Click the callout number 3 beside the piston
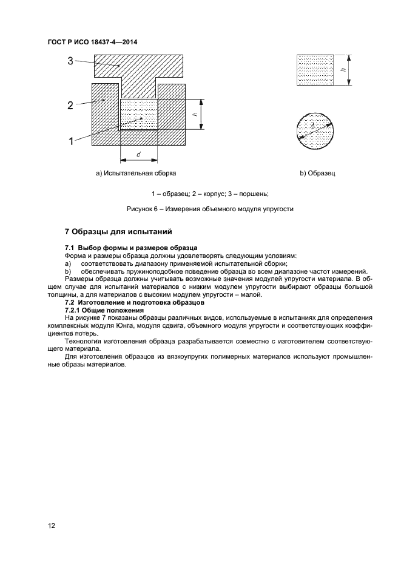click(70, 61)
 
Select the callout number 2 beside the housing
click(70, 105)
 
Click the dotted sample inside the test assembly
click(139, 114)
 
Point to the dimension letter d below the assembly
click(139, 155)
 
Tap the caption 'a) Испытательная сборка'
click(135, 174)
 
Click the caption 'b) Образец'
click(317, 174)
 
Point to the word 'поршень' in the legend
click(253, 194)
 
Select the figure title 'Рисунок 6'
click(143, 209)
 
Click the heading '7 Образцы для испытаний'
click(119, 232)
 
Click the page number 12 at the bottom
click(52, 526)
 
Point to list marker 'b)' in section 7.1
click(68, 271)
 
